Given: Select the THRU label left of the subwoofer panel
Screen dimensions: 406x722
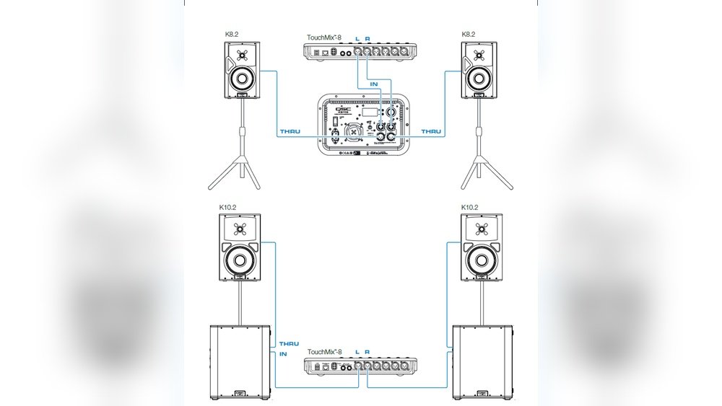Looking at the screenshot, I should (290, 132).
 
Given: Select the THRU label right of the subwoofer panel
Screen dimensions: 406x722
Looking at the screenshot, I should (431, 132).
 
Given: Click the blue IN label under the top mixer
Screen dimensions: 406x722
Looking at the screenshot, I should (373, 84).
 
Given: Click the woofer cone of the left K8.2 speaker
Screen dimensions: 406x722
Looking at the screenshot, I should (243, 77).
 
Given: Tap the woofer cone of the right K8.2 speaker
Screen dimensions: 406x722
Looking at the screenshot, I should (477, 77).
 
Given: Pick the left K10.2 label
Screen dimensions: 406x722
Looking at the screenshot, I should (228, 208).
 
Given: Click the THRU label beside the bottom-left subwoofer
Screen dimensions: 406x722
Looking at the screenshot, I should (289, 344).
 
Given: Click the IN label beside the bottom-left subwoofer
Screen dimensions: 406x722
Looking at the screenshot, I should (283, 353).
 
